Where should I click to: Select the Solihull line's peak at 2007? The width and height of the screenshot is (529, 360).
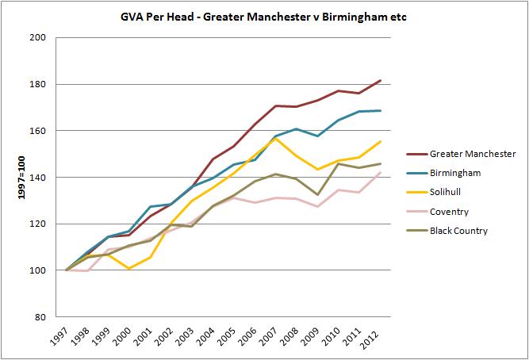(x=275, y=138)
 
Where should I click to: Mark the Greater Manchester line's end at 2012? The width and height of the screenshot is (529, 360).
(x=380, y=80)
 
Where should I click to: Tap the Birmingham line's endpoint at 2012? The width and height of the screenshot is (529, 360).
(x=380, y=110)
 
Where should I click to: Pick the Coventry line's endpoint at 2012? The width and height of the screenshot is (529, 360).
(x=380, y=172)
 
